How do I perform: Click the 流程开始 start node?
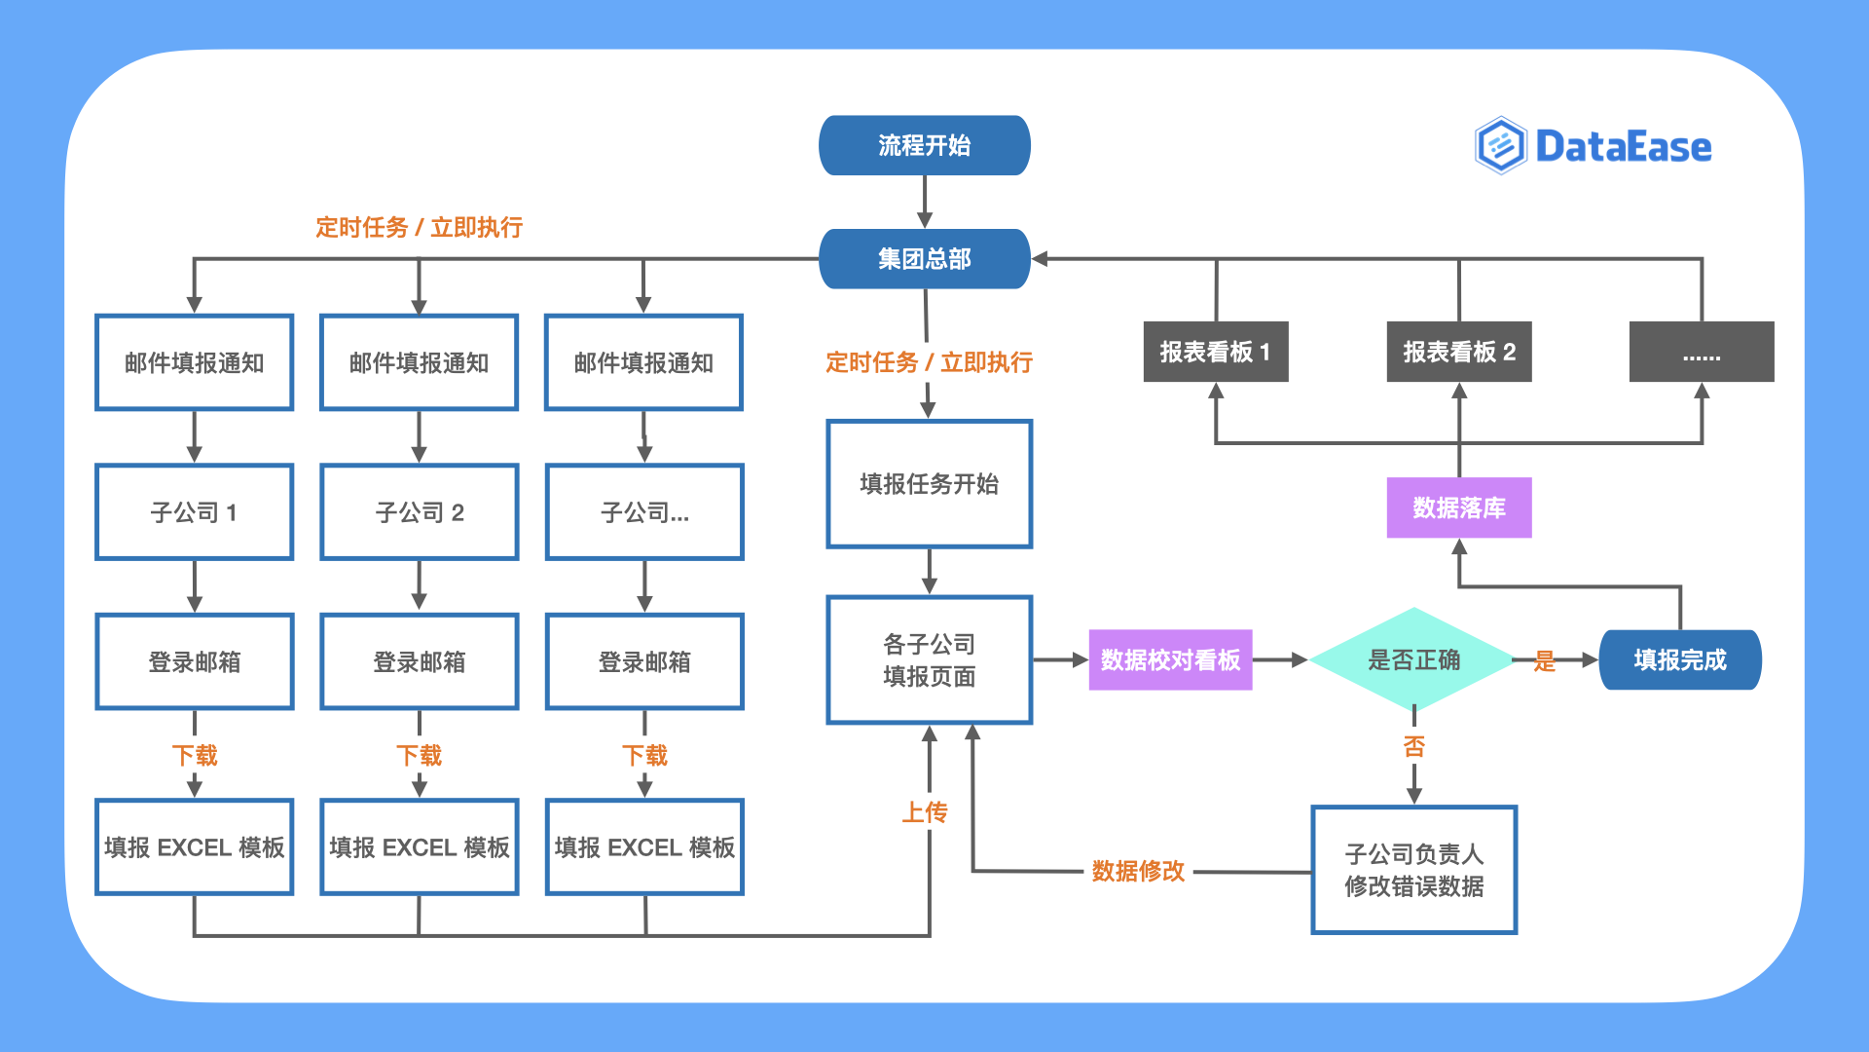(x=924, y=146)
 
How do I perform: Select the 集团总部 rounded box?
(x=924, y=259)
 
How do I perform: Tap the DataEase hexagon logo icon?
(x=1500, y=146)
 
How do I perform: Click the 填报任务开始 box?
(x=929, y=484)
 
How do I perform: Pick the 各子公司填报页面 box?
(x=929, y=659)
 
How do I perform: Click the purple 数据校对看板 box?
(x=1170, y=659)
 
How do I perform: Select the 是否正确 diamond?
(x=1413, y=659)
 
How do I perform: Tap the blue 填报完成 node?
(x=1679, y=659)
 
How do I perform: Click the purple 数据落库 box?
(x=1458, y=507)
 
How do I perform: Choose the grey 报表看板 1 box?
(x=1215, y=352)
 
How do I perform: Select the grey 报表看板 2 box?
(x=1458, y=352)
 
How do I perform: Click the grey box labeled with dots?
(x=1701, y=352)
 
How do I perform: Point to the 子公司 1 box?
(x=194, y=512)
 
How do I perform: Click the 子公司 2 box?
(x=419, y=512)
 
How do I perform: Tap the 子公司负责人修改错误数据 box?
(x=1413, y=870)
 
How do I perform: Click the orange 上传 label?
(x=924, y=812)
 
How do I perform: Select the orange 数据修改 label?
(x=1138, y=871)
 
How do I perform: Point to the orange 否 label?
(x=1413, y=747)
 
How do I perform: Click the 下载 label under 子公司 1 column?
(x=194, y=756)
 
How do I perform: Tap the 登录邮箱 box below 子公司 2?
(x=419, y=662)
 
